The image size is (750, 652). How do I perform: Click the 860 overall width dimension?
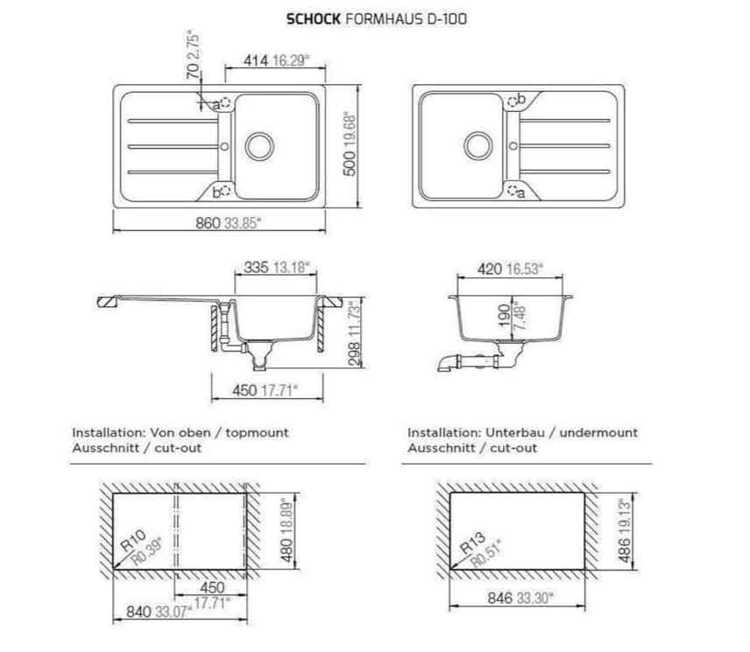click(x=207, y=223)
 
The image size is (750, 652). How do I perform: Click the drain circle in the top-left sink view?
click(x=259, y=145)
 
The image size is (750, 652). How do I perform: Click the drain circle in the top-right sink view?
click(x=477, y=145)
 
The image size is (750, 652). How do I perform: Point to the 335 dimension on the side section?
click(x=256, y=268)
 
